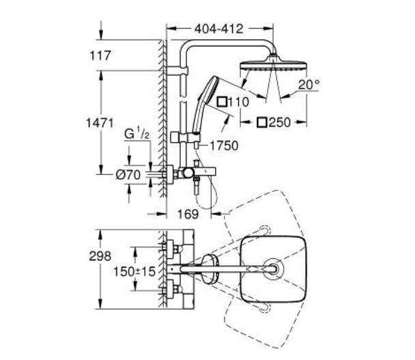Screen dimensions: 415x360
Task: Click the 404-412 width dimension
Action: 218,29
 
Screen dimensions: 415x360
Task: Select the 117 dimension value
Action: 100,55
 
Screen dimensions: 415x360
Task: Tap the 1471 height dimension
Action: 100,123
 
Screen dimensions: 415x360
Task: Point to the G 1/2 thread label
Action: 137,135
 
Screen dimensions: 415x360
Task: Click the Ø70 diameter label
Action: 128,175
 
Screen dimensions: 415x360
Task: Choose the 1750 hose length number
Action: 224,146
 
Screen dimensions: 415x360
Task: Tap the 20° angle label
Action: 309,85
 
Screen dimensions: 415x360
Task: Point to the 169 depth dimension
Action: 188,214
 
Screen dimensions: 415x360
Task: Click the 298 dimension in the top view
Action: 100,256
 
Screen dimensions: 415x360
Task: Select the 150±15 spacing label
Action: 134,271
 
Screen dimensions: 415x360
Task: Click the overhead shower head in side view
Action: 274,64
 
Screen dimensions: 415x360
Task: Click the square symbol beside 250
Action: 262,122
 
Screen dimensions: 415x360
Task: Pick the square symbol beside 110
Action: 222,102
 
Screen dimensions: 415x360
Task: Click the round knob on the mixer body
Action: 188,173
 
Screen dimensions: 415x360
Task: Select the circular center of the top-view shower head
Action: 274,269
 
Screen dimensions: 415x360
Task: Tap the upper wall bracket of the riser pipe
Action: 177,71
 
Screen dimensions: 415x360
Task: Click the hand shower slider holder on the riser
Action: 186,137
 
